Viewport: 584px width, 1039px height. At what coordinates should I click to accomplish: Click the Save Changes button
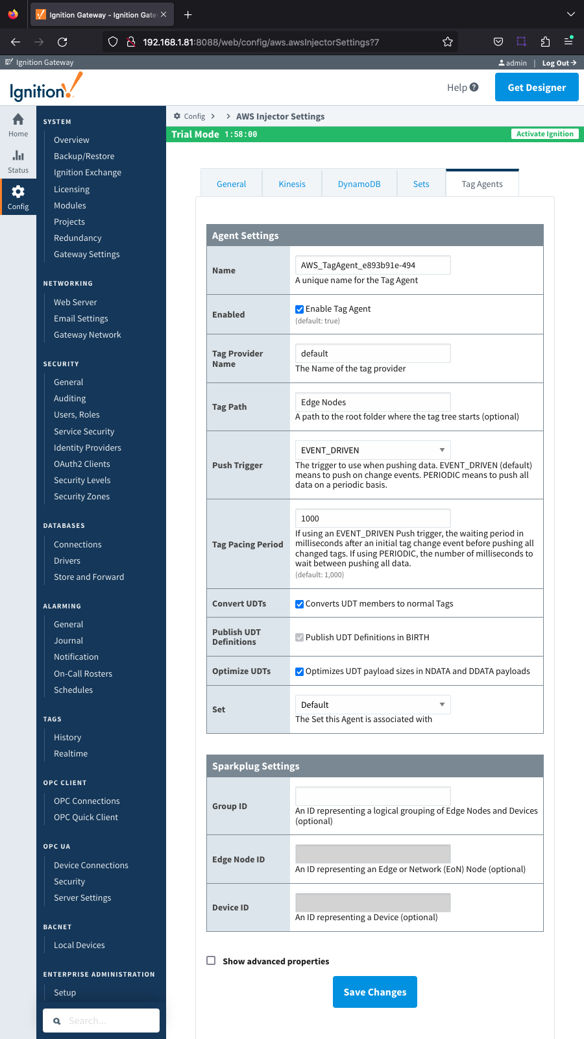(374, 992)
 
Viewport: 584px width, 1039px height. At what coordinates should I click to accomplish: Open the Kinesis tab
(292, 184)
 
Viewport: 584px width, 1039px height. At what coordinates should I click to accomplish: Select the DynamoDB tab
(359, 184)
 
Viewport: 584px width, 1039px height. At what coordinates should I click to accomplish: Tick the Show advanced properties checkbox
(211, 960)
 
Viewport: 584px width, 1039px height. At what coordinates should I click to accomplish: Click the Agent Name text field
(372, 265)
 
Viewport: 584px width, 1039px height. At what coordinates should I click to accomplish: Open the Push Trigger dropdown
(372, 450)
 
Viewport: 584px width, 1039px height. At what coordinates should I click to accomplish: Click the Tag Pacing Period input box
(372, 518)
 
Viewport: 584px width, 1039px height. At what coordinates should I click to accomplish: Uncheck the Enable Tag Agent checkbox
(300, 309)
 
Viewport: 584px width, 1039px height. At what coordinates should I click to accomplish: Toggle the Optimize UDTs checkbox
(300, 671)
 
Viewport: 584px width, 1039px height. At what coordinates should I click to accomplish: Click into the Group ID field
(372, 796)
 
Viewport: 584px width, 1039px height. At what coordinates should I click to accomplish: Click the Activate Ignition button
(544, 134)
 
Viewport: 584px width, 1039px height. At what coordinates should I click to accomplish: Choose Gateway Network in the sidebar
(88, 335)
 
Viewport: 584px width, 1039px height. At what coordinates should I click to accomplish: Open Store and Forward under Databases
(89, 577)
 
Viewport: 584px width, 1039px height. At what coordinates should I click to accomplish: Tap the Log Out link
(559, 63)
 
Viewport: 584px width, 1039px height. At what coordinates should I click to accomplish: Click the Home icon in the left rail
(18, 123)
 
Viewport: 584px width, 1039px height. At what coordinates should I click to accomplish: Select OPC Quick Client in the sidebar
(86, 818)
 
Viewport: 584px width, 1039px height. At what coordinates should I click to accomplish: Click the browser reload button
(62, 42)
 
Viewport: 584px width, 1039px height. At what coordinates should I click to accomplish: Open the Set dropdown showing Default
(372, 705)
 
